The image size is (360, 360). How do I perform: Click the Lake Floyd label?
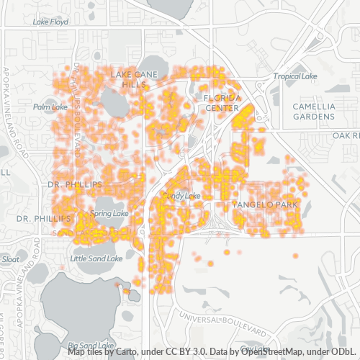pos(50,22)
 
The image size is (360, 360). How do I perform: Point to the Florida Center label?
pos(221,102)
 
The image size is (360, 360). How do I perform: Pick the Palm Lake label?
pos(50,107)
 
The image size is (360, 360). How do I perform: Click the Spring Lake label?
pos(109,214)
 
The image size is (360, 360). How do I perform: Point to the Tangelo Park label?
pos(266,205)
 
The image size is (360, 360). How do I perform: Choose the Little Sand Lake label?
pos(96,258)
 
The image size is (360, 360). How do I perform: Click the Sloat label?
pos(11,258)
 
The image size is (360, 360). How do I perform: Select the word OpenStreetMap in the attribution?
pos(279,352)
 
